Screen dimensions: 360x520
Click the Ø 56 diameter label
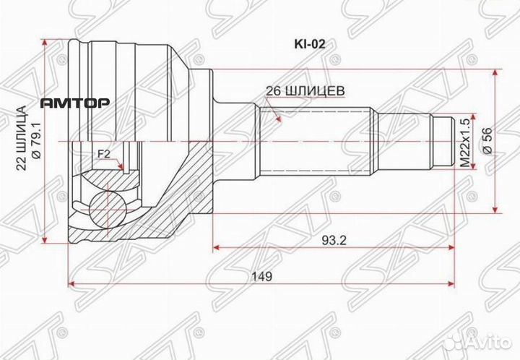tap(486, 140)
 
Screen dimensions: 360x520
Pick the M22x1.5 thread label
tap(466, 140)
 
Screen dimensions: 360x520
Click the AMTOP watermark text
tap(74, 103)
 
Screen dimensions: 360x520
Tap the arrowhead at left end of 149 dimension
tap(71, 282)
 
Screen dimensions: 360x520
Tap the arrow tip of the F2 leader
tap(123, 171)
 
